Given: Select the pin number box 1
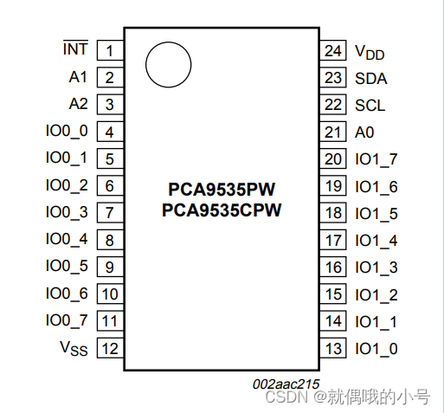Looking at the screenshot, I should [109, 50].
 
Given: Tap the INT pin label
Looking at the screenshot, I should [75, 48].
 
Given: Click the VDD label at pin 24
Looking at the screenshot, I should [370, 52].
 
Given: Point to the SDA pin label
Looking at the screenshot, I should [370, 78].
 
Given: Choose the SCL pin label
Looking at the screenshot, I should [370, 105].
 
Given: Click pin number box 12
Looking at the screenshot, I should [109, 349].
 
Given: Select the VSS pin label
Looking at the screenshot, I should [74, 348].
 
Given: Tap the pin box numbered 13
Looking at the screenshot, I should [334, 349].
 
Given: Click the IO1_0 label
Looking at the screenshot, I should [376, 349].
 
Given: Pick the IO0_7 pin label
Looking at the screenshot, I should [68, 321].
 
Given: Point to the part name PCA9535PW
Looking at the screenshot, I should [222, 189].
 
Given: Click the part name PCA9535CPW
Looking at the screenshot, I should [222, 209].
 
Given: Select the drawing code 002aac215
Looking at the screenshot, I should [286, 383].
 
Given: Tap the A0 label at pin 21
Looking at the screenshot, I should [364, 132].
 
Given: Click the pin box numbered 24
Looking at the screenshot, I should [334, 50].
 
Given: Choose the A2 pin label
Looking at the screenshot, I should [79, 104].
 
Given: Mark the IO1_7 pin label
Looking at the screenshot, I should [376, 159].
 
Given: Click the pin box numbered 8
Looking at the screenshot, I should [109, 240].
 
